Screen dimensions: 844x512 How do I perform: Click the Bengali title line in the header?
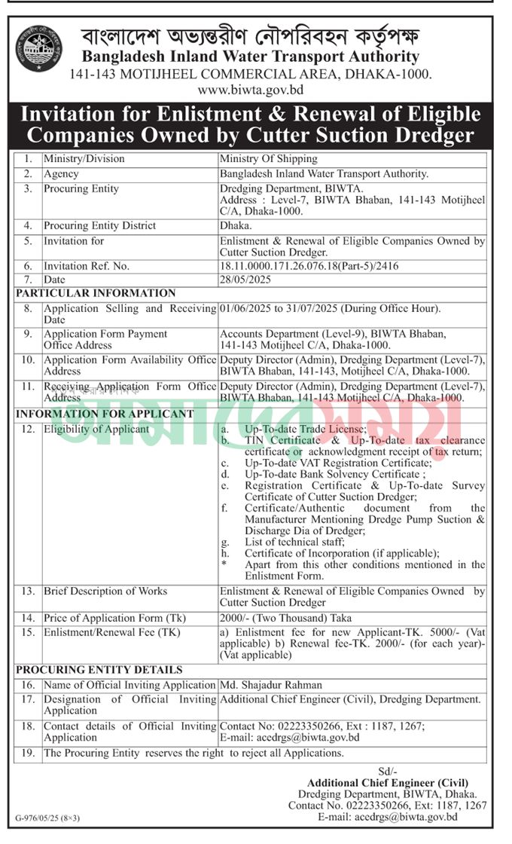pyautogui.click(x=250, y=35)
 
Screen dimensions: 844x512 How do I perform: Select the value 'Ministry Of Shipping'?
pyautogui.click(x=269, y=159)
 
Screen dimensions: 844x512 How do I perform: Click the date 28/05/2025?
pyautogui.click(x=245, y=280)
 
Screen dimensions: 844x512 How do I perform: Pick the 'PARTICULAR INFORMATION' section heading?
pyautogui.click(x=96, y=293)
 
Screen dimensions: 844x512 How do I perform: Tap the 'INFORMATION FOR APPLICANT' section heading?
pyautogui.click(x=105, y=414)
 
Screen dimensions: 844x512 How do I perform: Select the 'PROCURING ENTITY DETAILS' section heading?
pyautogui.click(x=99, y=669)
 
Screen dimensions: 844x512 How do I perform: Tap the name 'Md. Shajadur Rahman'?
pyautogui.click(x=270, y=685)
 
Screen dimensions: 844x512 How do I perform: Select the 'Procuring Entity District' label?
pyautogui.click(x=99, y=225)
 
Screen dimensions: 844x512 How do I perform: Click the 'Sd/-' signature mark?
pyautogui.click(x=387, y=772)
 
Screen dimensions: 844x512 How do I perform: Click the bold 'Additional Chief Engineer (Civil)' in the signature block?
pyautogui.click(x=387, y=783)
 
